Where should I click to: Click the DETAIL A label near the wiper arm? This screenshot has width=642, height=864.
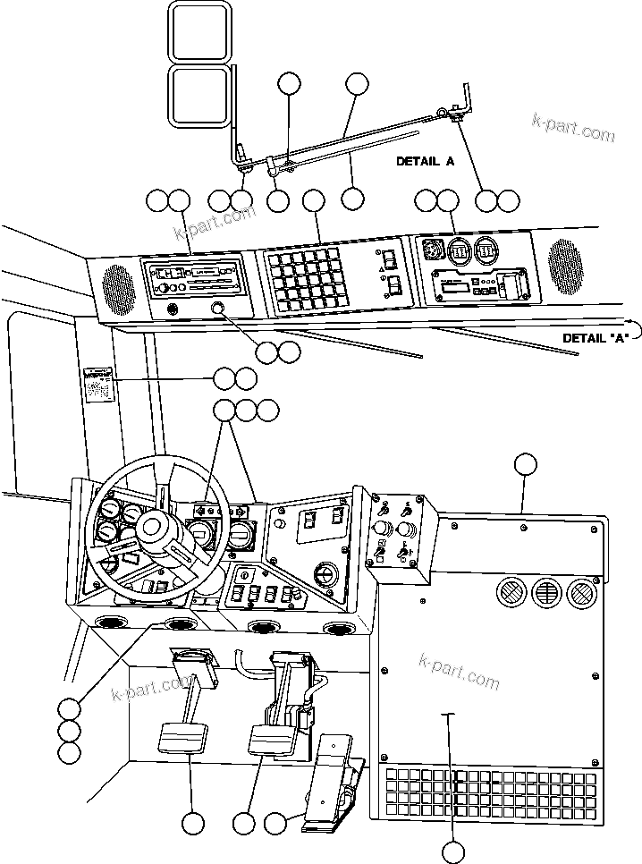point(426,162)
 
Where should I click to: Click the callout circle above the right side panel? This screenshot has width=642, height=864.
point(526,463)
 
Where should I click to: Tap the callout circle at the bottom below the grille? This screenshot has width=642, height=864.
point(453,852)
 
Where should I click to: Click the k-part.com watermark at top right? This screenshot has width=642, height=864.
point(573,128)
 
